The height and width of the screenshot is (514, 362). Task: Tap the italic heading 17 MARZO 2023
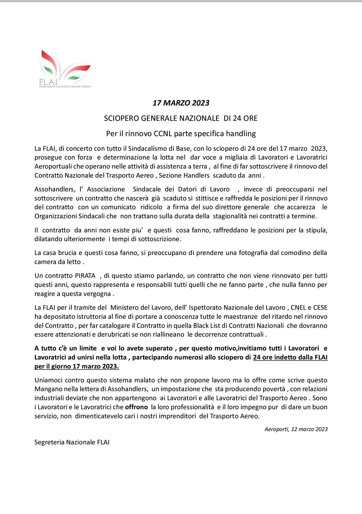coord(181,103)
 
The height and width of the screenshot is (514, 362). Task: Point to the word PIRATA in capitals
coord(85,276)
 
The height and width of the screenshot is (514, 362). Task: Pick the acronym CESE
coord(320,307)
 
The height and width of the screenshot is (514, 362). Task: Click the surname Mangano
coord(47,389)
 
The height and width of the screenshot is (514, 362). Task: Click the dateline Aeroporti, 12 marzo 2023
coord(296,429)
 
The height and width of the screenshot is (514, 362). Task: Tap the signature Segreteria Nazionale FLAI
coord(72,442)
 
